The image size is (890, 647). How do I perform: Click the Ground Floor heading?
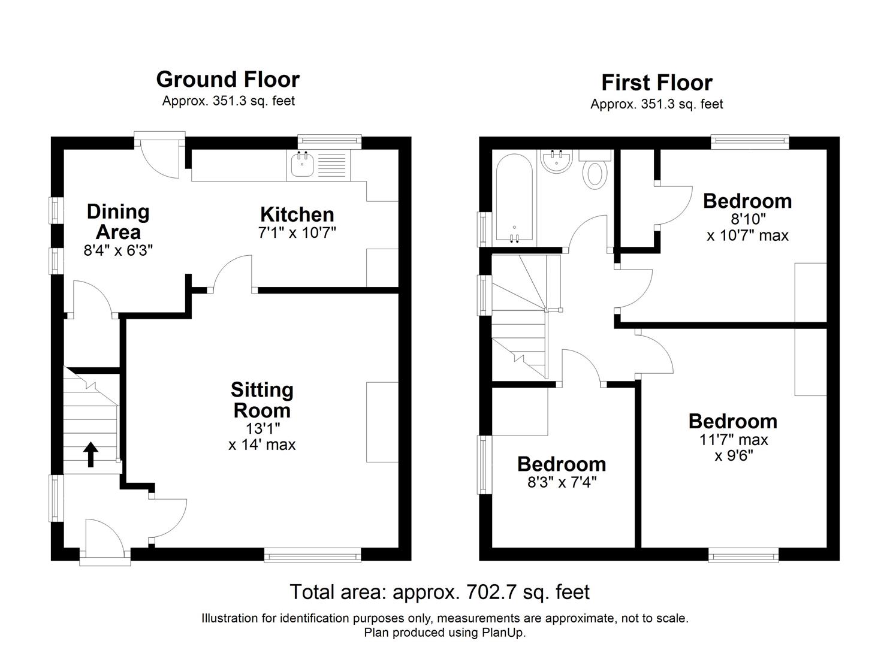click(x=228, y=80)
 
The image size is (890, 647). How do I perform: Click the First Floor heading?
click(x=657, y=83)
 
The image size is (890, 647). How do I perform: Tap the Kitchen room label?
click(x=297, y=214)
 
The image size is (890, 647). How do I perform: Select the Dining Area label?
click(x=118, y=222)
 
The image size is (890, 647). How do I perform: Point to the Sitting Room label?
click(x=262, y=400)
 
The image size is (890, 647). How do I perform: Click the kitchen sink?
click(x=301, y=165)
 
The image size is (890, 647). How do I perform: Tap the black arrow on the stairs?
click(x=90, y=454)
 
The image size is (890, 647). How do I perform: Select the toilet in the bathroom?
click(x=595, y=170)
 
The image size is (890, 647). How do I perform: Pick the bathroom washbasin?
click(x=556, y=161)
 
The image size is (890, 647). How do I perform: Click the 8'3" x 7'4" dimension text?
click(x=562, y=482)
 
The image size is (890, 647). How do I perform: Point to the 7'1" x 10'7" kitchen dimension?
click(x=297, y=233)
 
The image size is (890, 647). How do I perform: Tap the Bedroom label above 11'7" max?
click(x=732, y=421)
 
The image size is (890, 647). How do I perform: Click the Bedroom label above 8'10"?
click(x=747, y=201)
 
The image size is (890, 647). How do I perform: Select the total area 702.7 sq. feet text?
click(x=439, y=592)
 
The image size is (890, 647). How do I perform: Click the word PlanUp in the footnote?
click(x=502, y=633)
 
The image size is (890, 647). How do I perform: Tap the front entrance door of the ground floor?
click(x=104, y=542)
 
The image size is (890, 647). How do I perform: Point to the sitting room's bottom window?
click(x=312, y=557)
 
